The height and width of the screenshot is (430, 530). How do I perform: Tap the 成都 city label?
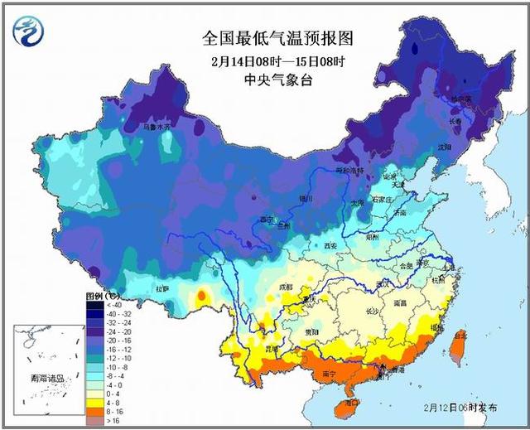click(286, 287)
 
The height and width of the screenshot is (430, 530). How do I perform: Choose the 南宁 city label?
click(328, 374)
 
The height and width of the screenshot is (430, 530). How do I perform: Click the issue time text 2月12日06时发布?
click(460, 408)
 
